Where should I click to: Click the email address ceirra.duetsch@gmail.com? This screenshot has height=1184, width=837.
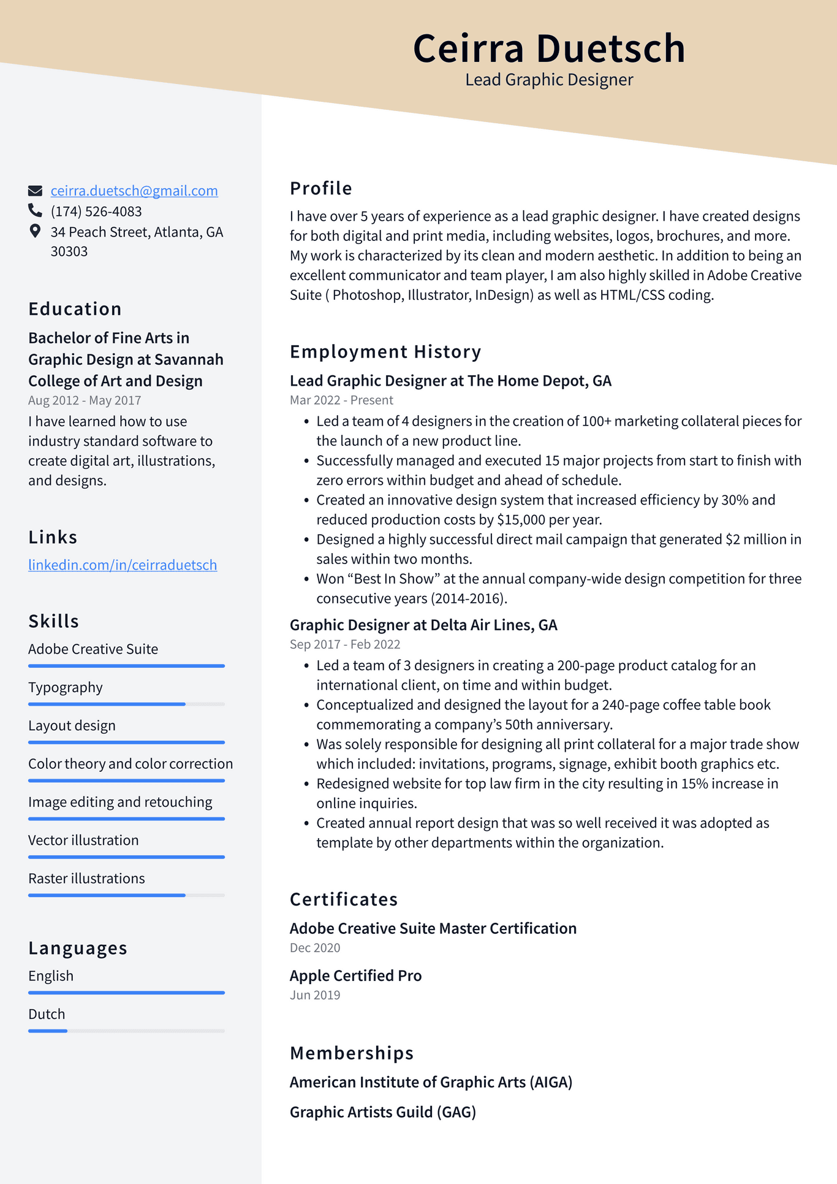pos(134,191)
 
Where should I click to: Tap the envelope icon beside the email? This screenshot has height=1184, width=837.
pos(36,191)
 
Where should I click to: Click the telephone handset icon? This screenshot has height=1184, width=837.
pos(36,211)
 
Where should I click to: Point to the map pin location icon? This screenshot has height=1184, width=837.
pos(36,231)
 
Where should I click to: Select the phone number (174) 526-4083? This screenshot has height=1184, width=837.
pos(96,212)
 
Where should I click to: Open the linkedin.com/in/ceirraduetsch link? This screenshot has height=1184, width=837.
pos(123,565)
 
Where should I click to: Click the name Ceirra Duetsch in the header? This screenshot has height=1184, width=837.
pos(548,48)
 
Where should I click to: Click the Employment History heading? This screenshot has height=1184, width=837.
pos(385,352)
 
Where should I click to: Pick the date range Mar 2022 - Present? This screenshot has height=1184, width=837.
pos(341,400)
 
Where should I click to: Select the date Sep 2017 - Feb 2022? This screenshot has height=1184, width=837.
pos(345,644)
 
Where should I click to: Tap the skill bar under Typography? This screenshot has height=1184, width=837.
pos(126,704)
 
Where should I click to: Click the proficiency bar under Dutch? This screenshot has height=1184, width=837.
pos(126,1031)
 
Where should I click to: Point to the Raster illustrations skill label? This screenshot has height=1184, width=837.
pos(86,879)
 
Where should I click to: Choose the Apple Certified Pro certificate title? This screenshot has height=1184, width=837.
pos(355,976)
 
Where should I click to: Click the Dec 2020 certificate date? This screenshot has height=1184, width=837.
pos(315,948)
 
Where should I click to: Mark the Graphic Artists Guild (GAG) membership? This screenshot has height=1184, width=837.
pos(383,1112)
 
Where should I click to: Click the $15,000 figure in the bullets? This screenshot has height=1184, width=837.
pos(521,520)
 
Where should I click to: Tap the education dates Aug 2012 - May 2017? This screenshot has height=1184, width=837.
pos(85,400)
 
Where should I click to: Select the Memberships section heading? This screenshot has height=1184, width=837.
pos(352,1053)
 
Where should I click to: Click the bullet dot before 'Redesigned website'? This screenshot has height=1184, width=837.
pos(306,784)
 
